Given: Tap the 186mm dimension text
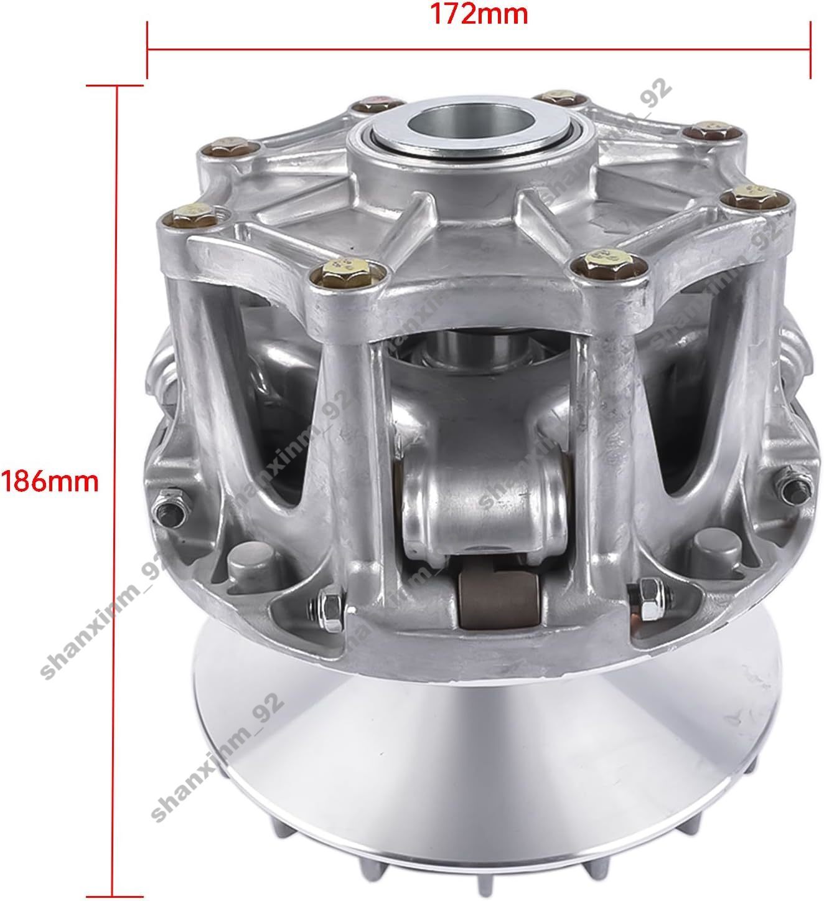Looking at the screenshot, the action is pos(49,481).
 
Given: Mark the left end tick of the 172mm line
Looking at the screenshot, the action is pos(147,50).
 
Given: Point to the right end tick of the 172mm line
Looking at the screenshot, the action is pos(810,50).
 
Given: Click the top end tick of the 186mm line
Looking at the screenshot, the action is pos(115,85).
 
